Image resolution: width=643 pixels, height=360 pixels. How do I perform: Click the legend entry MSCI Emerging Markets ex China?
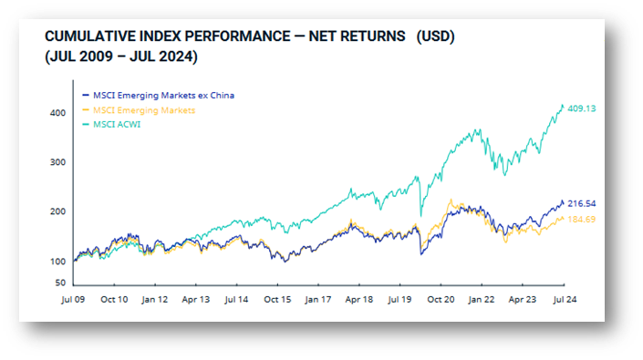159,96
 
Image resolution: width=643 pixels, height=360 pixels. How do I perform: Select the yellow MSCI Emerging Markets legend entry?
139,110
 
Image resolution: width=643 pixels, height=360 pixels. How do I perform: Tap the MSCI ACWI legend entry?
111,125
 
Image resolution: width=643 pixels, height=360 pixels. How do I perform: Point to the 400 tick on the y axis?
57,113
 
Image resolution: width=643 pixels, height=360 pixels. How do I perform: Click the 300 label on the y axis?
57,162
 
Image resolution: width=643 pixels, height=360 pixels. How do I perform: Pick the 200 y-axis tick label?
57,211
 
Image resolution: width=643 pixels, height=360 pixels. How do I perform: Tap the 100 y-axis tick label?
57,262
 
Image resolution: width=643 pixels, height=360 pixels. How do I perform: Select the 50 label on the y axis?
60,283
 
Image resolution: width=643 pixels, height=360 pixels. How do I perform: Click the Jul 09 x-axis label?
73,299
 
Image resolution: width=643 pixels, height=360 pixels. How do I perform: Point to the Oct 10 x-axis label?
114,299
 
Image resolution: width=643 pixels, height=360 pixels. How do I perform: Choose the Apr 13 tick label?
195,299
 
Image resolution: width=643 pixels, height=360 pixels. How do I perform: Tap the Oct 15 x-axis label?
277,299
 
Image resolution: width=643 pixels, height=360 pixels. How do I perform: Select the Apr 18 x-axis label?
358,299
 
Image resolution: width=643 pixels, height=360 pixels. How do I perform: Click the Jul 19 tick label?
399,299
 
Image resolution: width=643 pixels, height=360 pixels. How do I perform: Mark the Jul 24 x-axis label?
565,299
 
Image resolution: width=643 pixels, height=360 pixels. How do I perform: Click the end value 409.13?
582,108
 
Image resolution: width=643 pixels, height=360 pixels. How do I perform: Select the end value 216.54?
582,203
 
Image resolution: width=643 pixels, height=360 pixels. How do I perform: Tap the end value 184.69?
582,220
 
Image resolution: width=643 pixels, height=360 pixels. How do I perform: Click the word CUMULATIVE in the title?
90,36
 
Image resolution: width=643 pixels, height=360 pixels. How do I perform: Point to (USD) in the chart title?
435,36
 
